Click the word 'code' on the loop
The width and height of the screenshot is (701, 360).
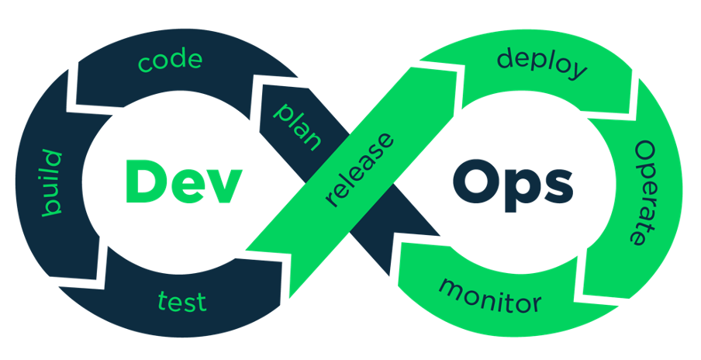tap(170, 62)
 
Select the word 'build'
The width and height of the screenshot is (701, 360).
tap(52, 183)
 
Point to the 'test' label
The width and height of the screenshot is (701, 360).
tap(182, 301)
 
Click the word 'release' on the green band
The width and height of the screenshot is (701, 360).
tap(361, 170)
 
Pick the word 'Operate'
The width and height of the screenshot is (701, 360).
tap(646, 192)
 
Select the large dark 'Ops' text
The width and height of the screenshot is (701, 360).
tap(513, 185)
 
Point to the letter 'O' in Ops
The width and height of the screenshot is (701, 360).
tap(475, 182)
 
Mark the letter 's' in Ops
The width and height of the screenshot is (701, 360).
tap(558, 188)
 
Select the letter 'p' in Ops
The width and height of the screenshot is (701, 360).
tap(521, 192)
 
